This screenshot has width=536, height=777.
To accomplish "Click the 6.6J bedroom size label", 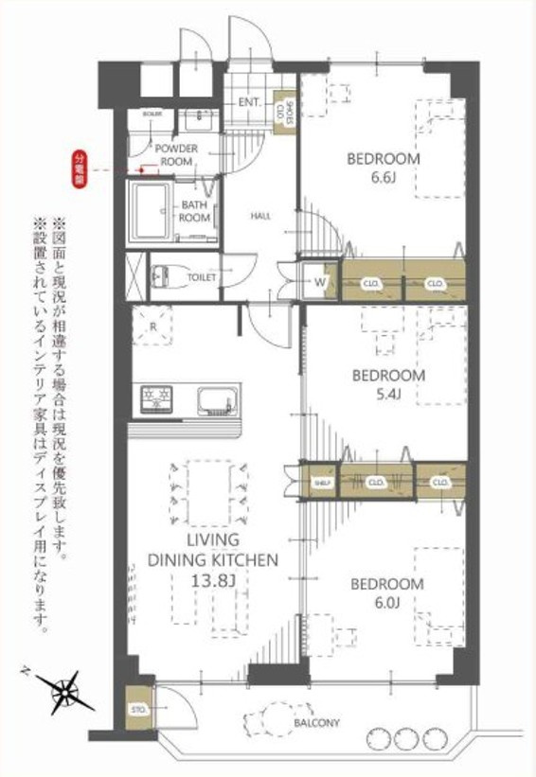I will pyautogui.click(x=383, y=177).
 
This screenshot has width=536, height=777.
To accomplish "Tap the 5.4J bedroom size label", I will pyautogui.click(x=388, y=393).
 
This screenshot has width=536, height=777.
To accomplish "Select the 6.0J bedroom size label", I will pyautogui.click(x=388, y=602).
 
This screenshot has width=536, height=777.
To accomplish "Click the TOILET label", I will pyautogui.click(x=203, y=277).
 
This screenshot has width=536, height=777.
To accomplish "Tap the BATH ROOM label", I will pyautogui.click(x=195, y=211).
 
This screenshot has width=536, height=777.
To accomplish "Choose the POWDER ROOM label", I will pyautogui.click(x=176, y=155).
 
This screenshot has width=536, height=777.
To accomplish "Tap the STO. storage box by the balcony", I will pyautogui.click(x=138, y=707).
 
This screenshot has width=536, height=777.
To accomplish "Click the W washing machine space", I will pyautogui.click(x=320, y=281).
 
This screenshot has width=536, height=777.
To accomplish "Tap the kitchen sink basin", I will pyautogui.click(x=219, y=398).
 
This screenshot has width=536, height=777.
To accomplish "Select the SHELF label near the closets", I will pyautogui.click(x=320, y=483).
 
